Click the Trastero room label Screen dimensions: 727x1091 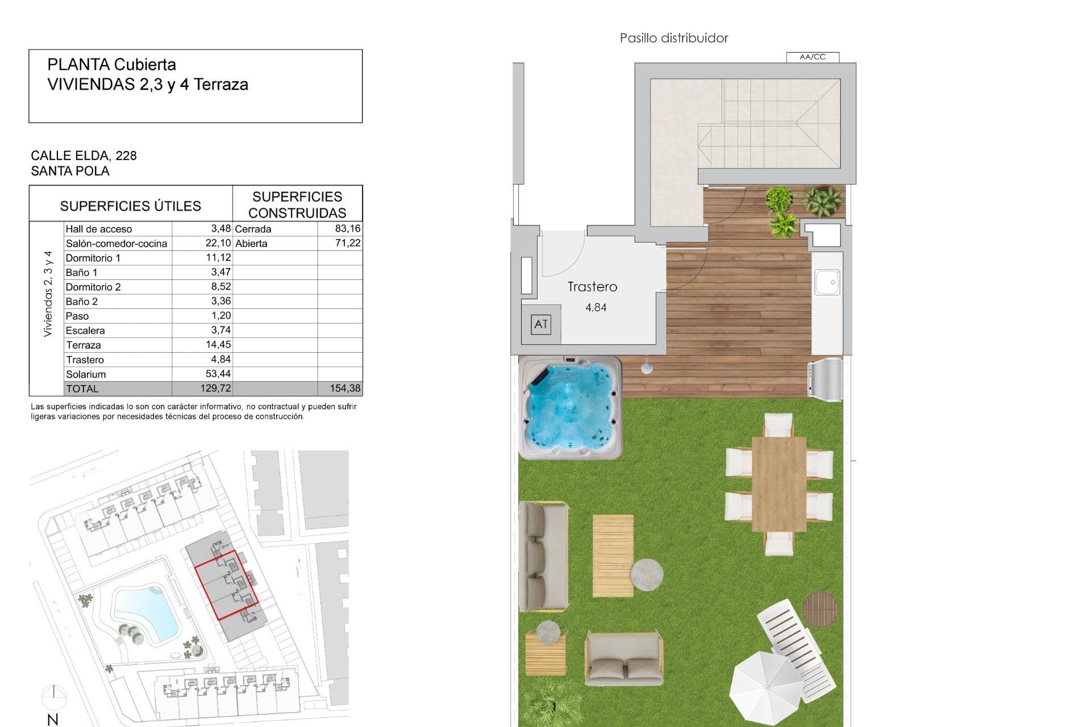(x=592, y=287)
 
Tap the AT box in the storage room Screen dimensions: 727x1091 (x=541, y=324)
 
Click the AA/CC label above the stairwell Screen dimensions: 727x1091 (x=812, y=57)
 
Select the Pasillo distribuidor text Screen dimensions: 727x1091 (x=674, y=38)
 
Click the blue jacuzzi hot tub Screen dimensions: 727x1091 (x=571, y=407)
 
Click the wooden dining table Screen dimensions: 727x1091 (x=778, y=484)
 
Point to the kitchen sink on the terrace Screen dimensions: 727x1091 (x=827, y=282)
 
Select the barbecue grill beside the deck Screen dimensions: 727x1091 (x=826, y=376)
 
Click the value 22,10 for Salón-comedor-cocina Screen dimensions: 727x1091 (x=218, y=243)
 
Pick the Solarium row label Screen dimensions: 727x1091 (x=86, y=374)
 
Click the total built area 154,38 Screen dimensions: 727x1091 (x=345, y=388)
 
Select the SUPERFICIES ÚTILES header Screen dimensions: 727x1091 (x=131, y=206)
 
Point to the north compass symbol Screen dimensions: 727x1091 (x=53, y=696)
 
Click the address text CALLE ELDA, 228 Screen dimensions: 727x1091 (x=84, y=156)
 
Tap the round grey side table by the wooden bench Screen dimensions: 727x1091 (x=647, y=574)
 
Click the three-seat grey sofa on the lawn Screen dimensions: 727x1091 (x=543, y=556)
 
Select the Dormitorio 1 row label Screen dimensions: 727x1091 (x=93, y=258)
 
